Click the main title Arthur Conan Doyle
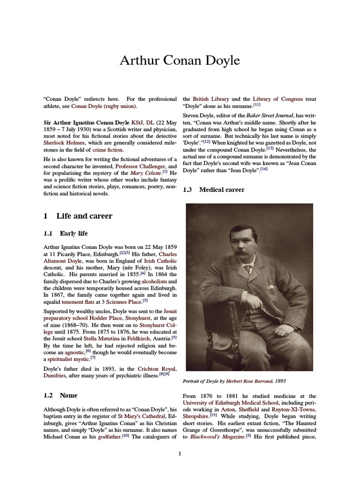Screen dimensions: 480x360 pos(180,60)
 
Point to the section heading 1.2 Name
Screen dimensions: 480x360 pos(60,396)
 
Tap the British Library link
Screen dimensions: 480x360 pos(210,99)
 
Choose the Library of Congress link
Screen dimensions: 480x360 pos(285,99)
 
